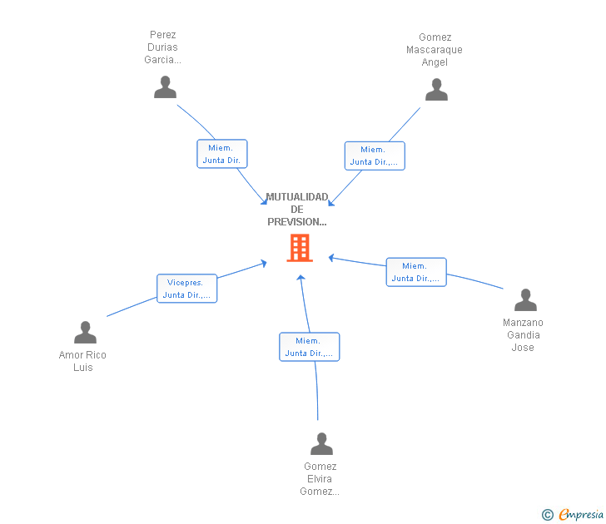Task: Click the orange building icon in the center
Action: tap(299, 248)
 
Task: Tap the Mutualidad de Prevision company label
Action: tap(297, 210)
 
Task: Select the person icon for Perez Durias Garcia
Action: tap(165, 87)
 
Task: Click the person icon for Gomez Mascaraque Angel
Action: tap(436, 89)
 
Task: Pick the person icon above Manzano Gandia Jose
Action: tap(525, 299)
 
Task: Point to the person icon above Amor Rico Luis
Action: tap(85, 332)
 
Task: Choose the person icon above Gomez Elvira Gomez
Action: tap(321, 443)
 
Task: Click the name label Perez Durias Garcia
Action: tap(163, 47)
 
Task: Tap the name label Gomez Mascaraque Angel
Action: tap(435, 50)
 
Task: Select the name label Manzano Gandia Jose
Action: tap(523, 335)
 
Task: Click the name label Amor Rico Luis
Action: tap(82, 361)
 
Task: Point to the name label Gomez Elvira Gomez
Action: tap(320, 479)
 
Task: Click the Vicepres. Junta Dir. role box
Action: tap(186, 289)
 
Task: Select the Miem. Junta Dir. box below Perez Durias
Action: tap(221, 154)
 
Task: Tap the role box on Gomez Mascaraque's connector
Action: tap(375, 156)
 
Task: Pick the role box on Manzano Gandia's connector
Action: tap(415, 272)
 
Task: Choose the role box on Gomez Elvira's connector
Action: tap(309, 347)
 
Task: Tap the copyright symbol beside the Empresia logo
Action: tap(548, 516)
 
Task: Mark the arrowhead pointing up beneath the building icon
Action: tap(301, 277)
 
